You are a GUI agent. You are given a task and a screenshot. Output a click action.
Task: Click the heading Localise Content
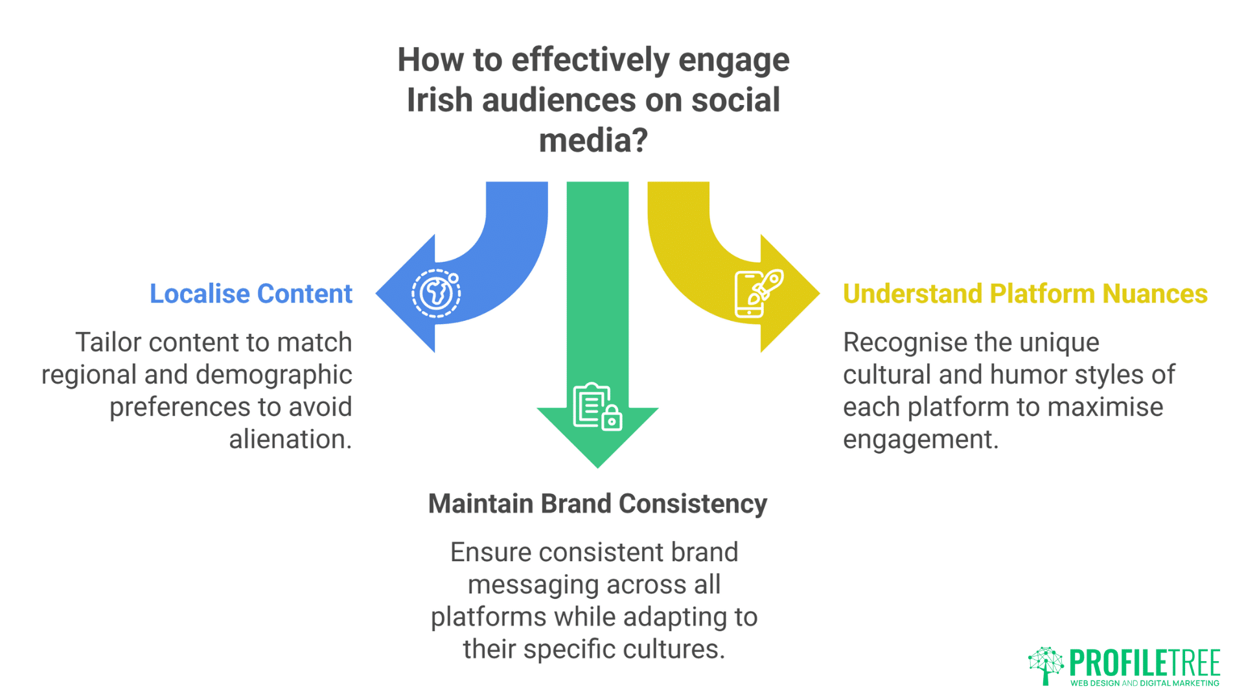point(251,294)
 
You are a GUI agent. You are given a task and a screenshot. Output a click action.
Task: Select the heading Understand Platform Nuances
point(1025,294)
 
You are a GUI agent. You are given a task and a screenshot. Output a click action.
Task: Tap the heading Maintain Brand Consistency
point(597,504)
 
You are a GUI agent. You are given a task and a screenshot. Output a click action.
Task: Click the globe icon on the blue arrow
point(436,293)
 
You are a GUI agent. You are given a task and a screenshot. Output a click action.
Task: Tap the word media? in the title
point(593,140)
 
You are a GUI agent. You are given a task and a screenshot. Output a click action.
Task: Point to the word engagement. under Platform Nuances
point(920,439)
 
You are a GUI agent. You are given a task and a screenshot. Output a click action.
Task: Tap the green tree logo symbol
point(1046,665)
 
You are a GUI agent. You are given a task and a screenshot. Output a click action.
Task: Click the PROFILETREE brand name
point(1144,662)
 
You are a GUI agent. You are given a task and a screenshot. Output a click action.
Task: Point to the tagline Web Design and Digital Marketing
point(1144,683)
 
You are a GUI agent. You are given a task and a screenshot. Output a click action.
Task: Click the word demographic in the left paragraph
point(273,375)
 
